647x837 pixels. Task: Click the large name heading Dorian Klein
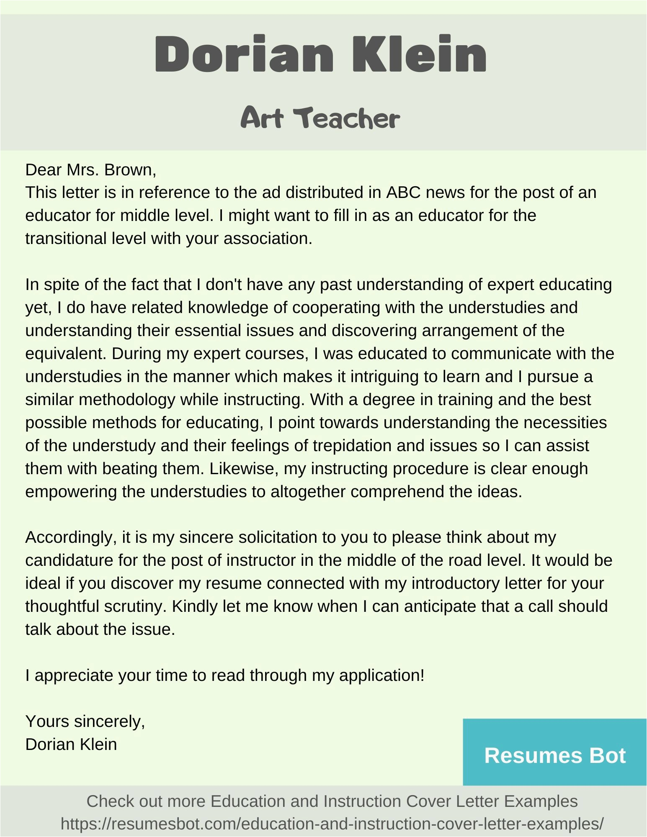[x=320, y=55]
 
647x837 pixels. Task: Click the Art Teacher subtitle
[x=320, y=118]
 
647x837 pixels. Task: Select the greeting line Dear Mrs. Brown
[x=90, y=170]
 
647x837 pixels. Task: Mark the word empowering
[x=71, y=492]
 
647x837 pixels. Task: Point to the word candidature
[x=69, y=560]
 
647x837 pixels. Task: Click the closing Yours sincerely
[x=85, y=721]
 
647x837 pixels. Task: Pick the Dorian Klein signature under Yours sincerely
[x=71, y=744]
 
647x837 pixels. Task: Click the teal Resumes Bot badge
[x=554, y=756]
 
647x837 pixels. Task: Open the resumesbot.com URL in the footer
[x=332, y=824]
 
